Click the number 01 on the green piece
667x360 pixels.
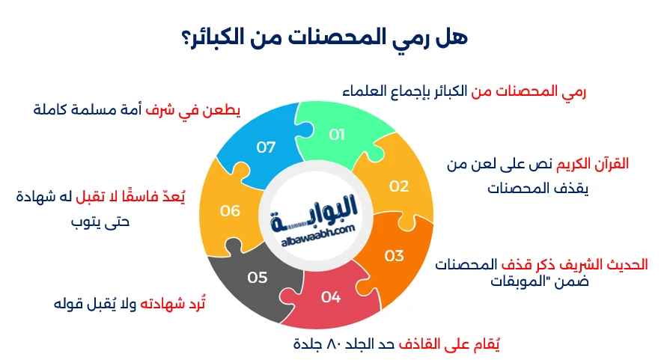[337, 135]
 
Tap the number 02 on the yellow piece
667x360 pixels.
[398, 186]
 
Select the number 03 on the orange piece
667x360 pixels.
[395, 255]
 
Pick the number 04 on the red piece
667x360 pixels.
[331, 297]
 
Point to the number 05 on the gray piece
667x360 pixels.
[258, 278]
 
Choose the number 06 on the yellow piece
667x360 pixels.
[230, 211]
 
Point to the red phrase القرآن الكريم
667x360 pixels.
[592, 164]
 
